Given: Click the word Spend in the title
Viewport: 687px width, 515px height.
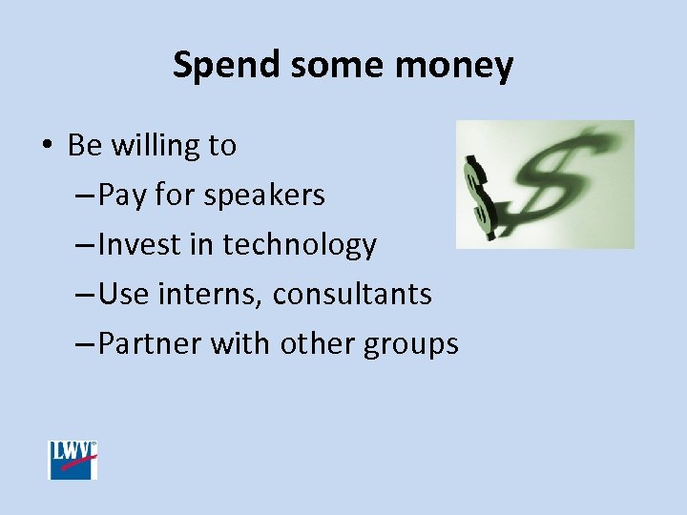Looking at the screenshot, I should (x=225, y=66).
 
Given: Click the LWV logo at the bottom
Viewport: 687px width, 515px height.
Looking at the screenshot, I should (x=73, y=460).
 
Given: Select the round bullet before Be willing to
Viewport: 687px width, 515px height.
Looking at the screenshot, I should (x=46, y=146).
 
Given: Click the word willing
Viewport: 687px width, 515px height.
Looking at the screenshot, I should (x=150, y=146).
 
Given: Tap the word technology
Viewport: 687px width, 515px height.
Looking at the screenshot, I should (x=300, y=245).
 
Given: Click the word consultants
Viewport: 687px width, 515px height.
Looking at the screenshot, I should (x=352, y=295).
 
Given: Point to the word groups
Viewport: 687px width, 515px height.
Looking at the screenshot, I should (x=411, y=344).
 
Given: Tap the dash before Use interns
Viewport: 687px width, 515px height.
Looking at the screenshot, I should (x=83, y=295).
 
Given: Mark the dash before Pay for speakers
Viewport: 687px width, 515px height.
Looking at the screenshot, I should (x=83, y=196).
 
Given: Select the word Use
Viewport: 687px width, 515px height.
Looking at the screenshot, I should (x=121, y=295).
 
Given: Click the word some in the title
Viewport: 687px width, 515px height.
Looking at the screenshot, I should (x=331, y=66).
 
